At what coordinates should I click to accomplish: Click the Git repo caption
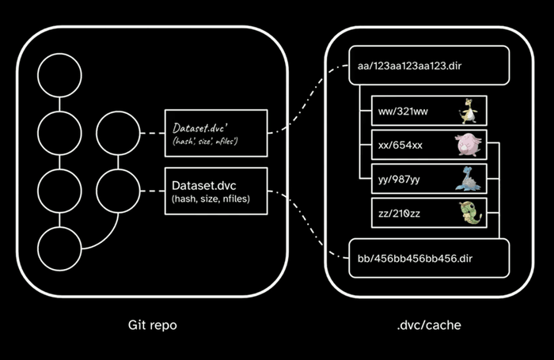(x=152, y=325)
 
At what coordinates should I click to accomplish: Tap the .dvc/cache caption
(x=428, y=325)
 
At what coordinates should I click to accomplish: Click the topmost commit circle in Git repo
(x=60, y=75)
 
